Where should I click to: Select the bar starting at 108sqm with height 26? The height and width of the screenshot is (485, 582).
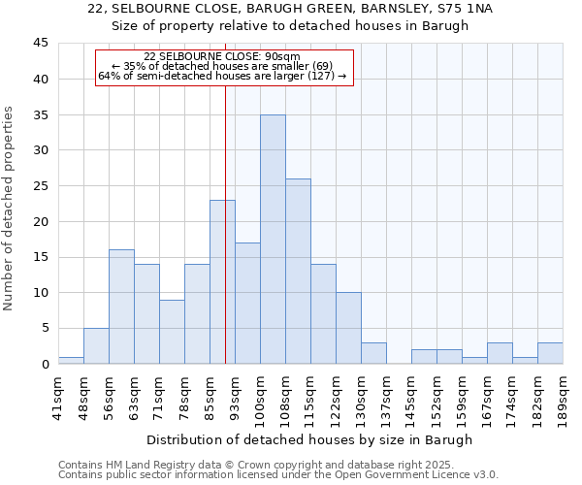coord(298,272)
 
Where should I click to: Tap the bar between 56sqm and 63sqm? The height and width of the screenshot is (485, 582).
coord(121,307)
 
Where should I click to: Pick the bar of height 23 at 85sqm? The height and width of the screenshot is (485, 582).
coord(222,282)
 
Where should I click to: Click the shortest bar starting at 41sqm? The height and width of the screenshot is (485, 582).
coord(71,360)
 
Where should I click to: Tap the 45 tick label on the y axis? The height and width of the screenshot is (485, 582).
coord(40,44)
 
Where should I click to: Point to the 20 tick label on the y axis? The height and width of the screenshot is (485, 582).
coord(40,221)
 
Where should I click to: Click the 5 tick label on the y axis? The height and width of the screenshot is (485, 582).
coord(44,328)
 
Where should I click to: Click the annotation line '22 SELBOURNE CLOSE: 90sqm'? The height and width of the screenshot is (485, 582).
coord(222,56)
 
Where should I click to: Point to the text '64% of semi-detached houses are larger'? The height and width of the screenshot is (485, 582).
coord(222,76)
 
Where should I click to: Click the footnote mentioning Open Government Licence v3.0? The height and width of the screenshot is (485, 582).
coord(278,475)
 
